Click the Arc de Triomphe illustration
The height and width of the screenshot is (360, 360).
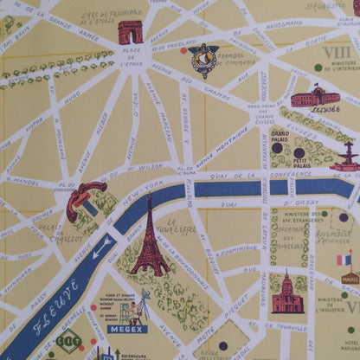pos(131,32)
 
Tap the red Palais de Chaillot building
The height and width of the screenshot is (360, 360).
pos(84,200)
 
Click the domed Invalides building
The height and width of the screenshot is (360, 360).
pos(287,293)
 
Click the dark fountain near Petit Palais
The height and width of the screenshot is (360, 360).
pos(346,157)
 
